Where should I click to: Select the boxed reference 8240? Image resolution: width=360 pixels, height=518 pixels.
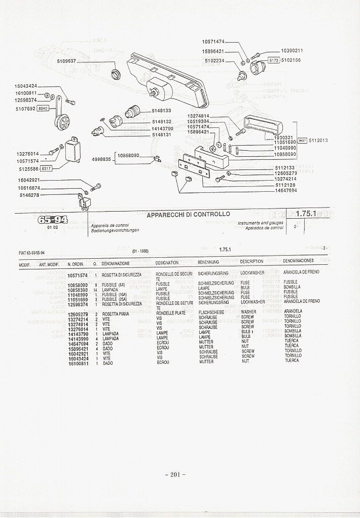(x=43, y=108)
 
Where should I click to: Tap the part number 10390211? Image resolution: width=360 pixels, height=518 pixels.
(x=292, y=51)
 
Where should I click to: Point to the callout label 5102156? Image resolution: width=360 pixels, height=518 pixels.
(x=291, y=60)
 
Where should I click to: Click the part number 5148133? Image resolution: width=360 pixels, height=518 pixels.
(x=161, y=111)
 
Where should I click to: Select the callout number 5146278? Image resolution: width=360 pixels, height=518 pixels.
(x=29, y=195)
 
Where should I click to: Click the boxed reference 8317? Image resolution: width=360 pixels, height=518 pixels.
(x=46, y=168)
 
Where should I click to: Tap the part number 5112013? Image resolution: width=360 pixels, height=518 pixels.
(x=318, y=141)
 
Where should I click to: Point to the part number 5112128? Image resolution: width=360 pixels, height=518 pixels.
(x=285, y=185)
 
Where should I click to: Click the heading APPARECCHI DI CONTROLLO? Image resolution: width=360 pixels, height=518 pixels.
(x=188, y=215)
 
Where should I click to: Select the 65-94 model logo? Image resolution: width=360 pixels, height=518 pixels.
(x=52, y=220)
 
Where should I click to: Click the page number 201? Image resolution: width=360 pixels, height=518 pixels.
(x=175, y=474)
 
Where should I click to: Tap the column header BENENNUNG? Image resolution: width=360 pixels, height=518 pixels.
(x=208, y=262)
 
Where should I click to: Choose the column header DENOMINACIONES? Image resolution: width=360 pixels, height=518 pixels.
(x=298, y=261)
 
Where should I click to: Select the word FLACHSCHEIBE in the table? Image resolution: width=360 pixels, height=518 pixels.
(x=211, y=313)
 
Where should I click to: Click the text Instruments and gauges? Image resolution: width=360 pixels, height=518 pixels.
(x=260, y=223)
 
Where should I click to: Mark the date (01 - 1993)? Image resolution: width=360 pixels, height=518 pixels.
(x=140, y=251)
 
